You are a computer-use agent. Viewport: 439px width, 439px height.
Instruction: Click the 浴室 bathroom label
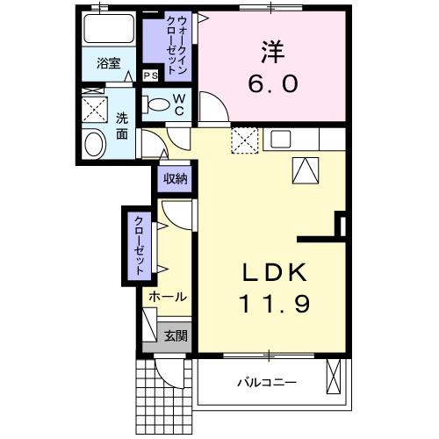coord(109,63)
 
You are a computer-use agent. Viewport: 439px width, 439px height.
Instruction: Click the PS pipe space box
coord(151,76)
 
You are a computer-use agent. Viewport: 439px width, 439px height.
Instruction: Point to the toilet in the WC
coord(160,104)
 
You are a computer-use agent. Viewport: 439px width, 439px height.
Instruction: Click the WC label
coord(179,105)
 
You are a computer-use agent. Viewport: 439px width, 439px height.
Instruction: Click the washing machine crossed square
coord(94,109)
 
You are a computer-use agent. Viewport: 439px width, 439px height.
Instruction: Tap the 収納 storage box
coord(176,179)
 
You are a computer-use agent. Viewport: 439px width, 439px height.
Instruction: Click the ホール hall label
coord(166,297)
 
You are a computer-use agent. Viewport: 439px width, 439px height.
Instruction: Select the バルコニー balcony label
coord(267,383)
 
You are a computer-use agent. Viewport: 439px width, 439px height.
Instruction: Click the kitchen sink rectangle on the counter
coord(282,138)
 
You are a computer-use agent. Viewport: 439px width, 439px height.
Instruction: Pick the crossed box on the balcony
coord(335,377)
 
